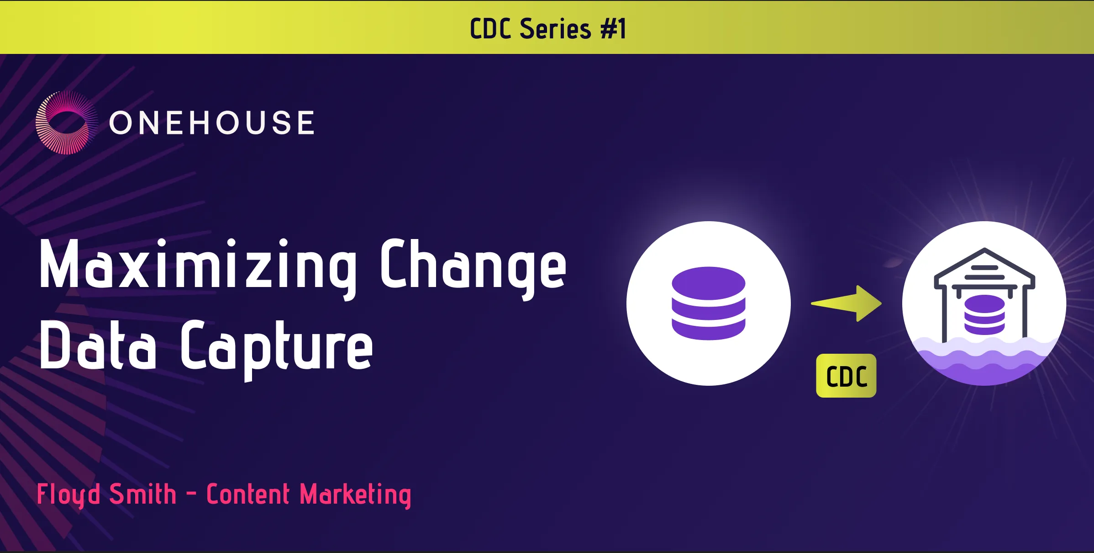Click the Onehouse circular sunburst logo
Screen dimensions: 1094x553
(x=67, y=122)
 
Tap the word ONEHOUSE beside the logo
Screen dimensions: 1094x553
(x=212, y=123)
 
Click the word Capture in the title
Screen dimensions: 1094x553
(x=277, y=349)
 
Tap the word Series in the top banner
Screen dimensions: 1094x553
(x=555, y=29)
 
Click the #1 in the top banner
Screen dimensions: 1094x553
(x=613, y=29)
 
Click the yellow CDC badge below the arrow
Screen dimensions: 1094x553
(x=846, y=376)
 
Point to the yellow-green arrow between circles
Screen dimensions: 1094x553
(x=846, y=303)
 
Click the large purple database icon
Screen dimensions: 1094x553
(x=708, y=303)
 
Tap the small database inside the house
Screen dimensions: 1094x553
(x=984, y=315)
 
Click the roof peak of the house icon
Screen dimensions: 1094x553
(x=985, y=250)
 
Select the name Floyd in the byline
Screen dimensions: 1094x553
(x=68, y=495)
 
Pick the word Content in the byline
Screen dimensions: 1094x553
(x=248, y=494)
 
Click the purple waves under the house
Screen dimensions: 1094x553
(x=984, y=361)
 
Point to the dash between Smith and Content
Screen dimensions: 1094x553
(x=192, y=494)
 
